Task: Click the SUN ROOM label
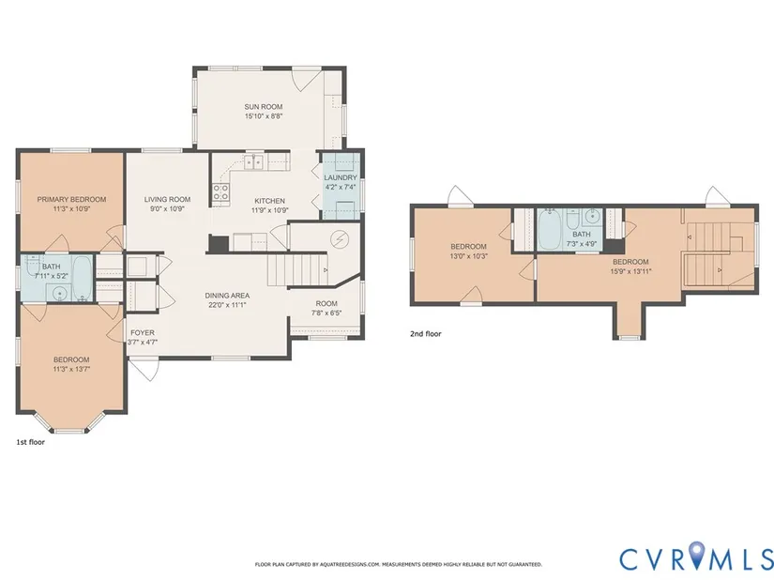(263, 107)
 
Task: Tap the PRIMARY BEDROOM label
(71, 199)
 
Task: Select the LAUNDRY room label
(341, 177)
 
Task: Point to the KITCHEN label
(269, 201)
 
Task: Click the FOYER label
(143, 332)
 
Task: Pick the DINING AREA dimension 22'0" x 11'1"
(227, 305)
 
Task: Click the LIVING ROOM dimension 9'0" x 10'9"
(167, 208)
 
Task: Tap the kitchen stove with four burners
(221, 192)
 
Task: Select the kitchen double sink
(253, 161)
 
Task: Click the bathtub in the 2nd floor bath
(549, 230)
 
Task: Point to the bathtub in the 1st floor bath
(83, 278)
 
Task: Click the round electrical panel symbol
(340, 240)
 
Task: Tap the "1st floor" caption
(31, 442)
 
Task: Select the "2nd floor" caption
(426, 334)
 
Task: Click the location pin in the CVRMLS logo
(696, 555)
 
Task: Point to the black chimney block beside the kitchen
(219, 243)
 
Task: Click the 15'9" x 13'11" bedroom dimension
(630, 271)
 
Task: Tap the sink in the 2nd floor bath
(592, 217)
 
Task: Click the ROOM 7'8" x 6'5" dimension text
(326, 313)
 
